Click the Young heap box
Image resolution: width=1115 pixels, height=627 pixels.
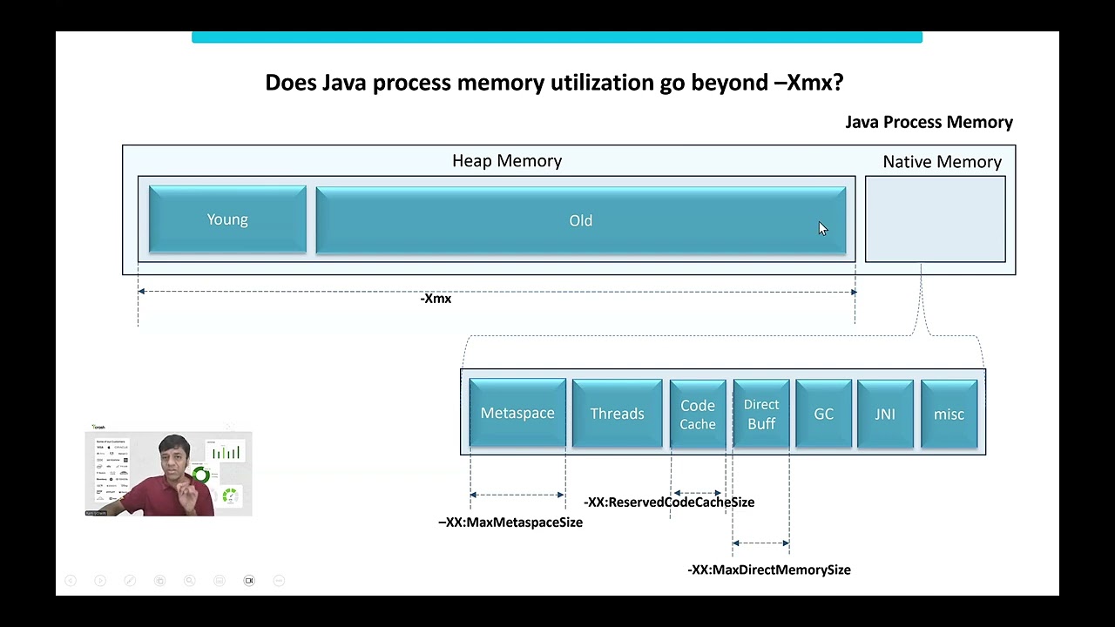(227, 220)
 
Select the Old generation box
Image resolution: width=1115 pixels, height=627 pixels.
(580, 221)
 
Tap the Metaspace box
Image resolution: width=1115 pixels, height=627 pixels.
(517, 414)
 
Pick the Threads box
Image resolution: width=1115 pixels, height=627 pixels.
(617, 414)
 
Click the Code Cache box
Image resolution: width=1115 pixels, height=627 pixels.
(698, 415)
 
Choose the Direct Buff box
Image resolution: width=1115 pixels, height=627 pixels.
(761, 415)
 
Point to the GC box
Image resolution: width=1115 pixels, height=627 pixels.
(823, 415)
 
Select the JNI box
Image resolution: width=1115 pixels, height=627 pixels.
(885, 415)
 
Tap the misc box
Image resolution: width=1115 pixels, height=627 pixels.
(949, 415)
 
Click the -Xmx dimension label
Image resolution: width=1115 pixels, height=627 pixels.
(436, 299)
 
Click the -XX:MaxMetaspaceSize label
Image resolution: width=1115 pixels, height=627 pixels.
(510, 522)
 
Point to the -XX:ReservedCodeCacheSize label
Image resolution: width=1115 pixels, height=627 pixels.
(669, 502)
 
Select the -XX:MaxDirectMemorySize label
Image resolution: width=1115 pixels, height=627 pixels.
(769, 570)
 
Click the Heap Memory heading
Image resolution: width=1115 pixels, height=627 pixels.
(507, 161)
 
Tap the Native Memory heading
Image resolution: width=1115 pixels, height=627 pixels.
(942, 162)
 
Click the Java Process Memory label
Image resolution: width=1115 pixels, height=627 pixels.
(929, 122)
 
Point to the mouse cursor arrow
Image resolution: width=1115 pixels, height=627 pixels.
(822, 228)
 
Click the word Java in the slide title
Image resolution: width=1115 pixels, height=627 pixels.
(343, 83)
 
